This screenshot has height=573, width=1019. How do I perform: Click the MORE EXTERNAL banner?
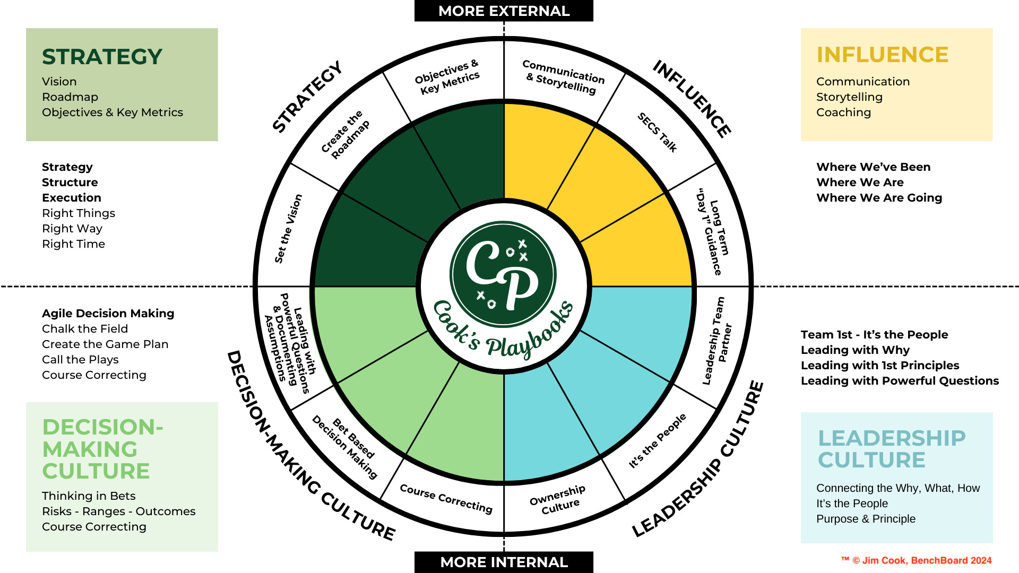click(504, 11)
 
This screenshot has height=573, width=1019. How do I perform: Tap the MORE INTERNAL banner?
click(504, 562)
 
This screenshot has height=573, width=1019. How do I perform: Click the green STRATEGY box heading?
click(102, 57)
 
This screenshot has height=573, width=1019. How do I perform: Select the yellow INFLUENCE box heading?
click(882, 55)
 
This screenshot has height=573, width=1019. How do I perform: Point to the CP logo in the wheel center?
click(503, 274)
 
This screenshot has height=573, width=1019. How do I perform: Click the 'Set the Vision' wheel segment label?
click(288, 229)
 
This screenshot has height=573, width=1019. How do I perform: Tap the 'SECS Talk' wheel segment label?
click(657, 133)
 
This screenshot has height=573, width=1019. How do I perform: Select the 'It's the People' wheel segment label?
click(657, 441)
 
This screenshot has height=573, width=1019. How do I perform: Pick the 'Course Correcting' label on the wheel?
click(446, 499)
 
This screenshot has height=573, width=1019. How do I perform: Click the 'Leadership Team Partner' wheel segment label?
click(718, 340)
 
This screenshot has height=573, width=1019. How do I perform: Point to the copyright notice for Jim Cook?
click(917, 560)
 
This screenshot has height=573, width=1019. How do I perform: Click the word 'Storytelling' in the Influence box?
click(849, 97)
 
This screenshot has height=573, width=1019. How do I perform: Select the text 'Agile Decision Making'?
click(108, 314)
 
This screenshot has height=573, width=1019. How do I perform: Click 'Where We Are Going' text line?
click(879, 198)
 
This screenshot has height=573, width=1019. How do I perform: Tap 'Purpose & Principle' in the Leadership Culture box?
click(866, 519)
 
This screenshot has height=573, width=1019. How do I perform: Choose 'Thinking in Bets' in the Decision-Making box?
click(89, 496)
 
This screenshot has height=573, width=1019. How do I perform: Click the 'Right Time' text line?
click(73, 244)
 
